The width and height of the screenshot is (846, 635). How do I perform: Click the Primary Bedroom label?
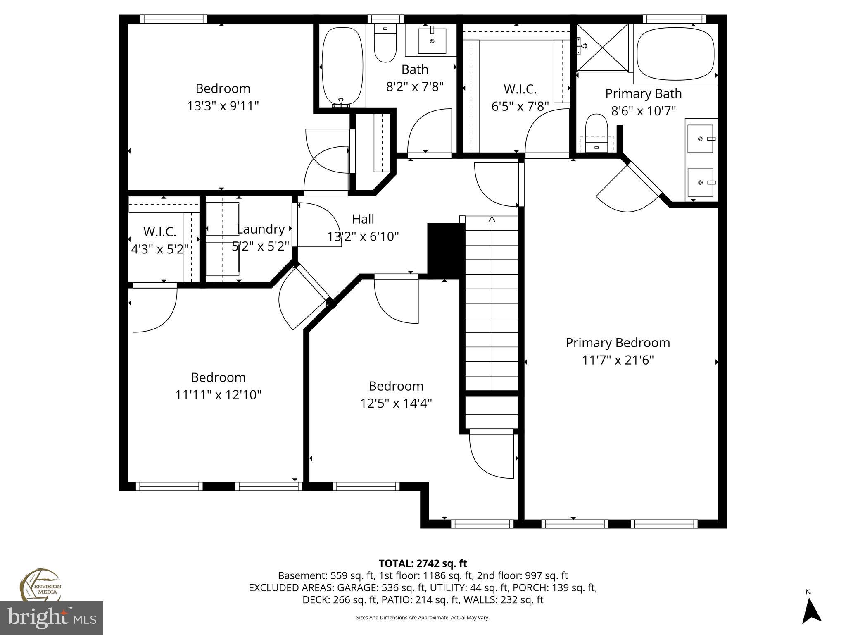(618, 343)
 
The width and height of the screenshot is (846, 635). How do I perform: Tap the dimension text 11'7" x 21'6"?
(618, 360)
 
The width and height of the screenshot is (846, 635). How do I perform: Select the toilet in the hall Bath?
(385, 43)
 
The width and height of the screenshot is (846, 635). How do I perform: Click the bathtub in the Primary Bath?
(675, 54)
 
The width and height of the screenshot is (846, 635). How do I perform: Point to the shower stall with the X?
(602, 47)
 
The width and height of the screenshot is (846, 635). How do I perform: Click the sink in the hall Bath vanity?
(432, 41)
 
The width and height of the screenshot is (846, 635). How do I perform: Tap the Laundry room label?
(261, 229)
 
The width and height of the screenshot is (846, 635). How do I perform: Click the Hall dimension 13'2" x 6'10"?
(363, 236)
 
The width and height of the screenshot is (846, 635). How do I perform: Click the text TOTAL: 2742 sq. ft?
(423, 563)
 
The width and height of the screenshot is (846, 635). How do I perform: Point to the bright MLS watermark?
(51, 618)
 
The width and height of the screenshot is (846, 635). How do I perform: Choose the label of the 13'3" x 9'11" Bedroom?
(223, 88)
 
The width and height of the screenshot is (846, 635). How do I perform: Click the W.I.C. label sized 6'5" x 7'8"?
(520, 89)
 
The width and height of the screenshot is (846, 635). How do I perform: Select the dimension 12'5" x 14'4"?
(396, 403)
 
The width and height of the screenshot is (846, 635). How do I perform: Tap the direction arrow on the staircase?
(492, 220)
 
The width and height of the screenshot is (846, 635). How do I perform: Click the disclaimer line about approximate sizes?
(423, 618)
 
